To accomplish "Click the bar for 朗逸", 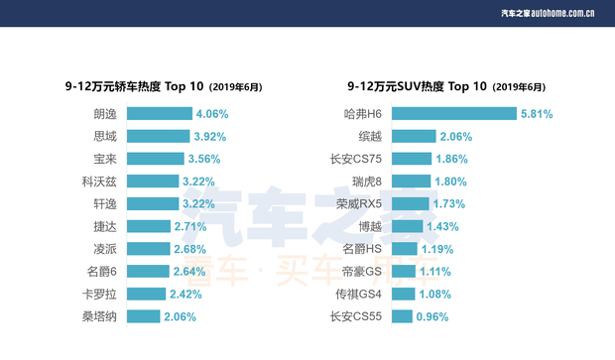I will point(158,114).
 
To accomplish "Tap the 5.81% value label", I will point(537,114).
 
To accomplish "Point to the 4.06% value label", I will point(212,114).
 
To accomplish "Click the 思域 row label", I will point(104,137).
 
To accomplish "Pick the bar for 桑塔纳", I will point(143,316).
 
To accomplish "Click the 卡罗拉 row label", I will point(99,294).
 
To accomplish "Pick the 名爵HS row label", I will point(362,249).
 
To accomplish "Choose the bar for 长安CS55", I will point(402,316).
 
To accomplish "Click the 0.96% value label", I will point(431,316).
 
